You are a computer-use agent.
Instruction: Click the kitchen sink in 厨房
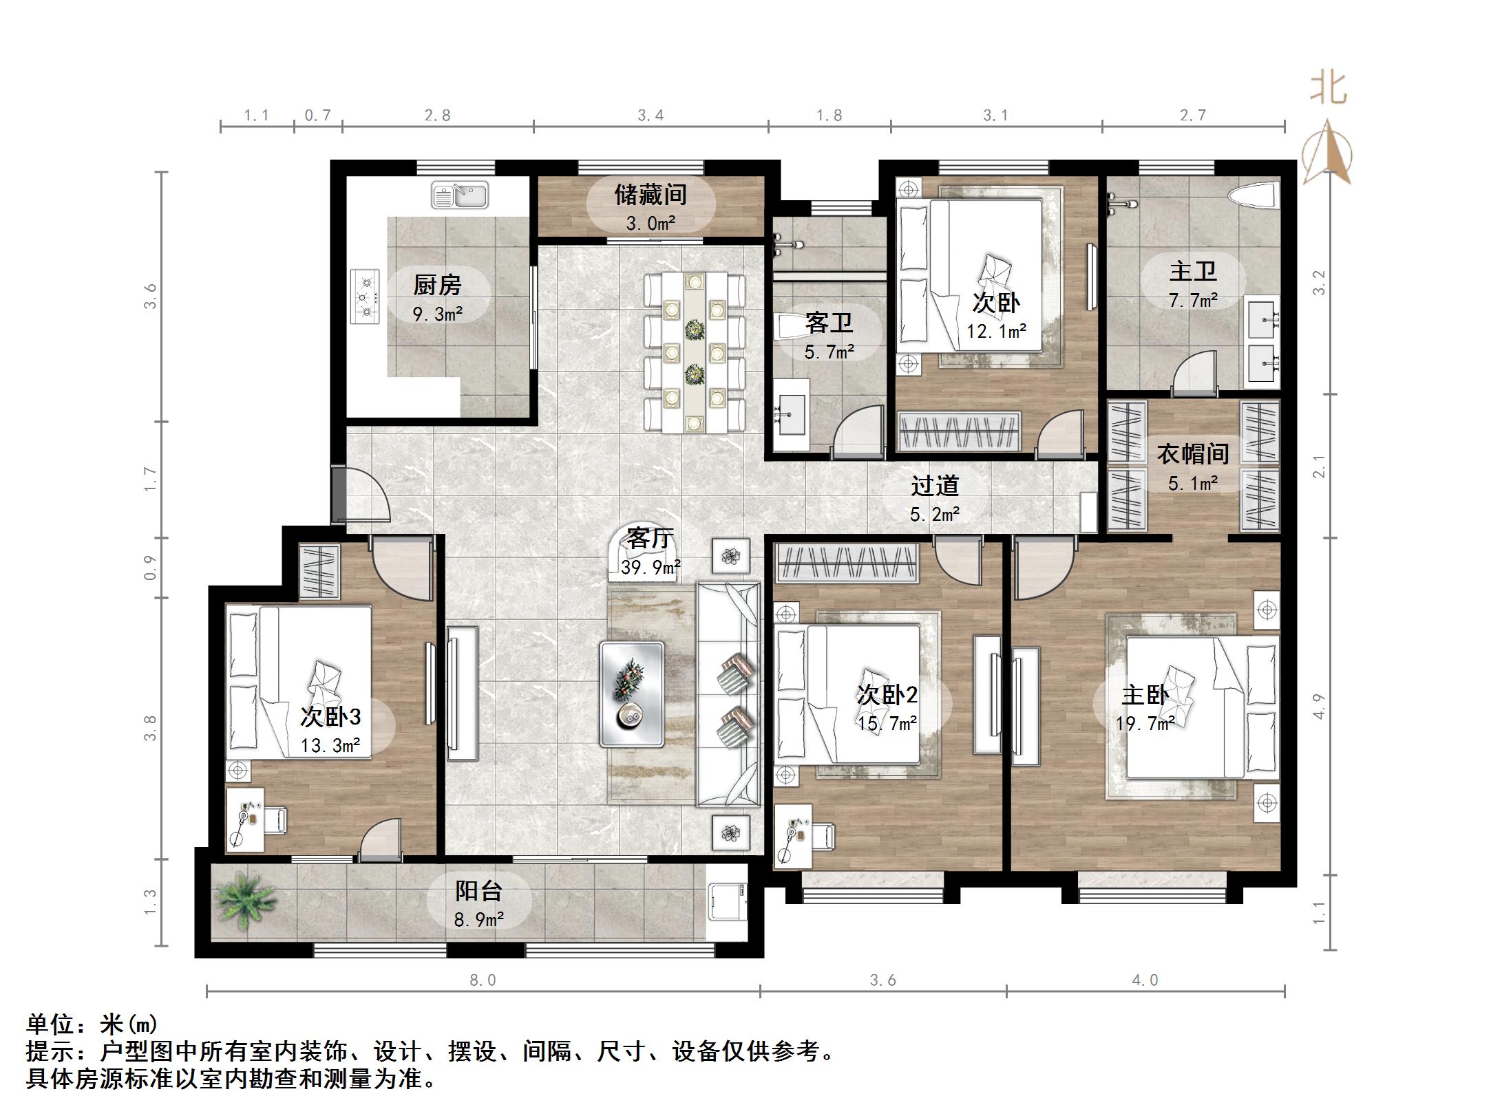pyautogui.click(x=460, y=195)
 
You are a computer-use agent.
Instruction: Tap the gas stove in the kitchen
pyautogui.click(x=366, y=297)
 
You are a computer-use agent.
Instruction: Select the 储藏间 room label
pyautogui.click(x=651, y=195)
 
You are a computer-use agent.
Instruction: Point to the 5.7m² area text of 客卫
pyautogui.click(x=829, y=352)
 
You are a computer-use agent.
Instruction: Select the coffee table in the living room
pyautogui.click(x=631, y=694)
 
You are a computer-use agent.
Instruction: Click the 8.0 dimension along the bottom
pyautogui.click(x=483, y=980)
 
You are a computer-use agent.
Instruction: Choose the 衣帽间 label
pyautogui.click(x=1192, y=454)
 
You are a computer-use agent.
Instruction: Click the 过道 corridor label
pyautogui.click(x=934, y=486)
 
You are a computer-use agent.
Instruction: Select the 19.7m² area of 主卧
pyautogui.click(x=1145, y=723)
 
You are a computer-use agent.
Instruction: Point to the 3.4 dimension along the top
pyautogui.click(x=650, y=116)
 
